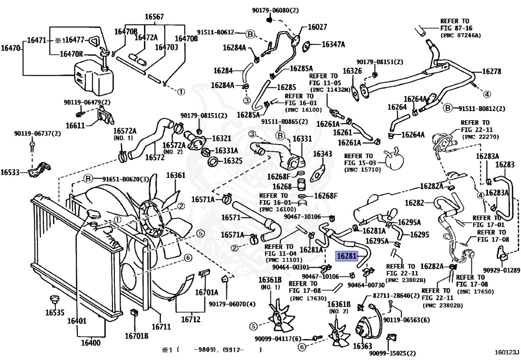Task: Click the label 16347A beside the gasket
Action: click(333, 44)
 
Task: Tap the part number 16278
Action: click(491, 72)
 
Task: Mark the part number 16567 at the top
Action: click(154, 17)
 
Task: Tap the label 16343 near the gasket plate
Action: click(323, 154)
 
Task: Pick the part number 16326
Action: click(352, 71)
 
